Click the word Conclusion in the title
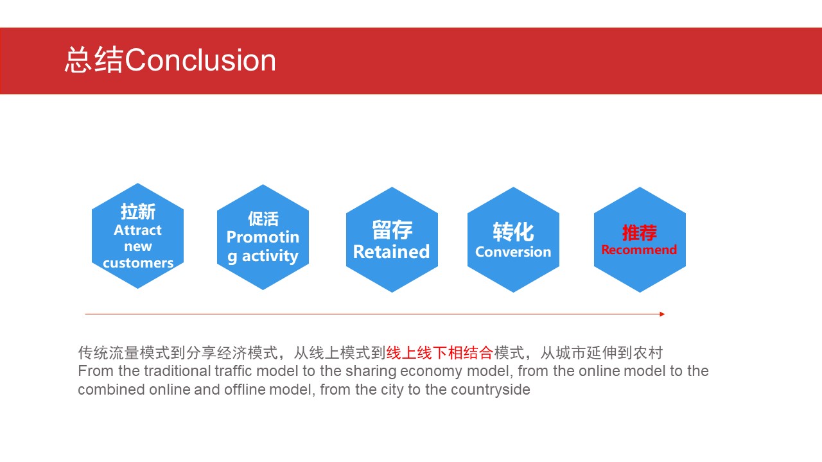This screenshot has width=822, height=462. (200, 60)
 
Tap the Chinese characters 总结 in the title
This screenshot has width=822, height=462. (94, 60)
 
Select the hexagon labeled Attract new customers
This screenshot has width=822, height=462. (137, 235)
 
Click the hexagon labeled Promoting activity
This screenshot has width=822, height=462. (263, 237)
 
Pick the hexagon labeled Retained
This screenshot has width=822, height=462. (392, 240)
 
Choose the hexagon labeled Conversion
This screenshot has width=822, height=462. (513, 240)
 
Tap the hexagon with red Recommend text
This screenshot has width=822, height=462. (640, 240)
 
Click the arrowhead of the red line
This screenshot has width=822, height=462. (662, 314)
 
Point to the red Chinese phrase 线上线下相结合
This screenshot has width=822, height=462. (439, 353)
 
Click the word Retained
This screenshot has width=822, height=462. (391, 252)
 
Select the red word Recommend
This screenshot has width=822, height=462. (639, 250)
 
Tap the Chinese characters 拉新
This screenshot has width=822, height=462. (138, 212)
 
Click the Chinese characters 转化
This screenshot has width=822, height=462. (513, 232)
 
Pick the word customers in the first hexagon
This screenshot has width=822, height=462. (138, 263)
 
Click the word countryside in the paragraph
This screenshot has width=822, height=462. (490, 389)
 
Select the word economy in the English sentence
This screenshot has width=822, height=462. (429, 372)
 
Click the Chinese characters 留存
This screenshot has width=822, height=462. (392, 230)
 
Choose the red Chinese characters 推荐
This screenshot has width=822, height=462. (639, 233)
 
